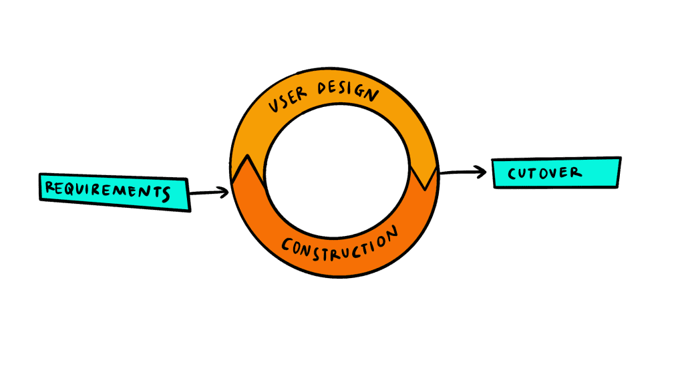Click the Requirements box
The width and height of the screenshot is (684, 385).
(114, 192)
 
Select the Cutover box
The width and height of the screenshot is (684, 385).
(556, 173)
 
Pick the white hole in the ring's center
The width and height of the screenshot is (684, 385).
(335, 174)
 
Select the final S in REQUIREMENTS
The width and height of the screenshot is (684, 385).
(165, 195)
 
